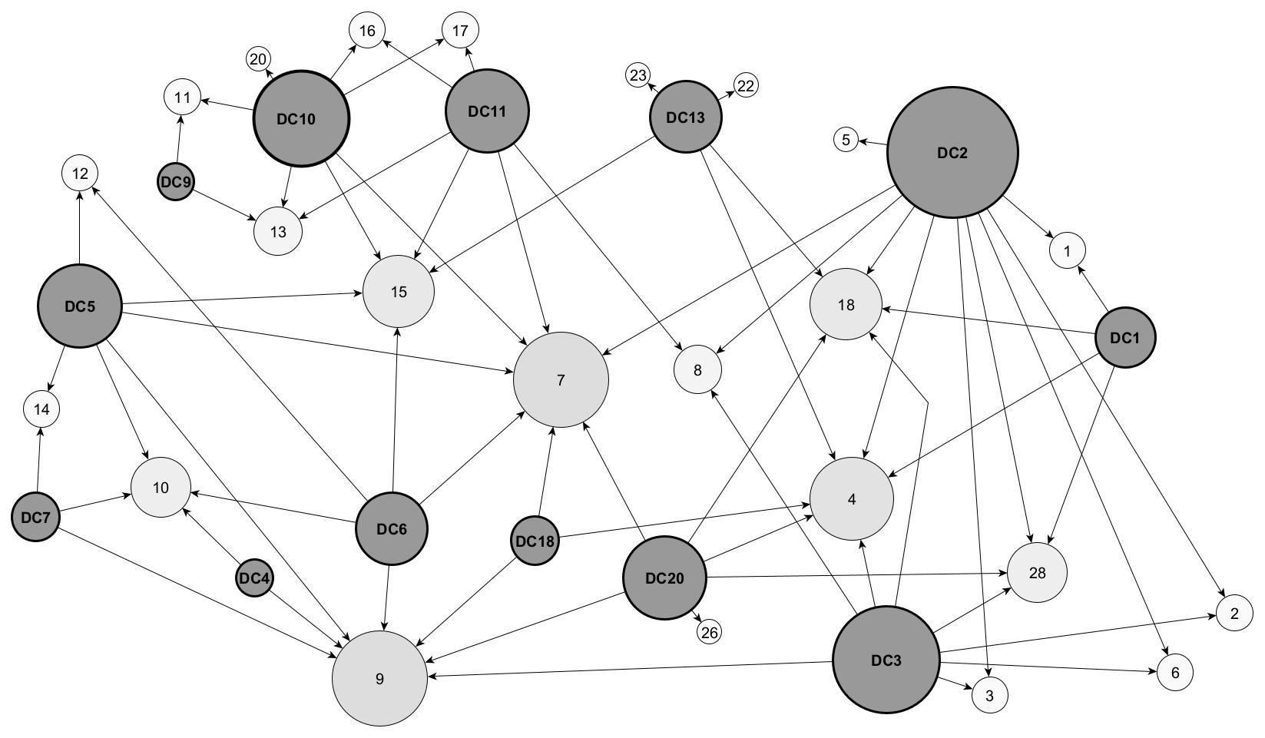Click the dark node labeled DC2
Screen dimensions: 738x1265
pos(952,153)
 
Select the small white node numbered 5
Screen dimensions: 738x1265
pos(846,140)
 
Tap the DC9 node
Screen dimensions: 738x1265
pos(176,182)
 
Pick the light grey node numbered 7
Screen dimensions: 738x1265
pos(561,380)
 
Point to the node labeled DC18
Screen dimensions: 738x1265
pos(535,541)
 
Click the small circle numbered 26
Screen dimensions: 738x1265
pos(710,632)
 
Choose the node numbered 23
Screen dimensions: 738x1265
pos(638,75)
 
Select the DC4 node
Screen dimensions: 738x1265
pos(254,579)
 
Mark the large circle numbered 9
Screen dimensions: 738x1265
pos(379,679)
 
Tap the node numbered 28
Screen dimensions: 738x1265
pos(1037,573)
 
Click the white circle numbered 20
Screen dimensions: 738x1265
pos(258,59)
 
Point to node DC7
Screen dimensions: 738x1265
pos(36,517)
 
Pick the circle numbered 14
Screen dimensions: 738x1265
pos(41,409)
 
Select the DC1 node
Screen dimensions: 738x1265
pos(1125,337)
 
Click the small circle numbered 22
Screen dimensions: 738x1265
pos(746,85)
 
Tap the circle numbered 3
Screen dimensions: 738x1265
pos(989,697)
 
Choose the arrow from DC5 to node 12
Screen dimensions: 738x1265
pos(79,230)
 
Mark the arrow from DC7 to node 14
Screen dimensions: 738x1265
pos(39,461)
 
